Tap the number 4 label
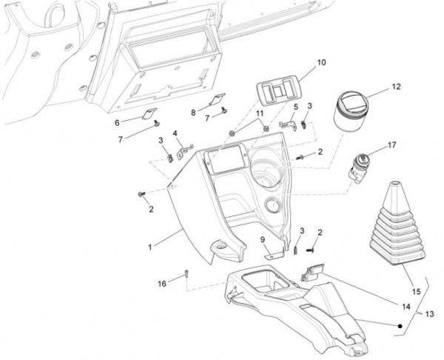pyautogui.click(x=175, y=134)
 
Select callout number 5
pyautogui.click(x=295, y=107)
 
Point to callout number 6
pyautogui.click(x=117, y=122)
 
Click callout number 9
pyautogui.click(x=262, y=239)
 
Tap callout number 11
pyautogui.click(x=260, y=113)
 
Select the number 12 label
pyautogui.click(x=396, y=87)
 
